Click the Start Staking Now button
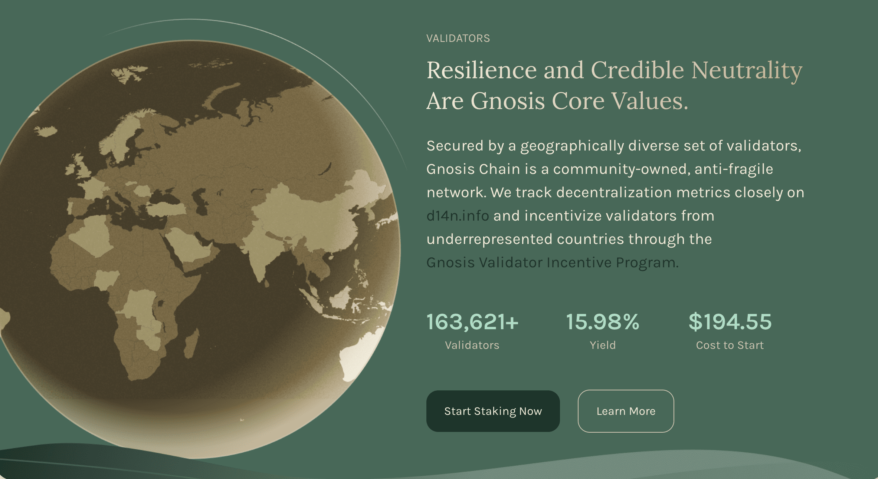pos(493,411)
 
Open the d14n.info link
pos(458,216)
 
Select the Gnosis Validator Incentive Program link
pos(552,262)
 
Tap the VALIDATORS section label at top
pos(458,38)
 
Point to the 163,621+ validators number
pos(472,321)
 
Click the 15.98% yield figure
pos(603,321)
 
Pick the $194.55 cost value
pos(730,321)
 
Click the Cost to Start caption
pos(730,345)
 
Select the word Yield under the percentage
pos(603,345)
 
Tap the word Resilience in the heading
pos(482,70)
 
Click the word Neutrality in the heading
pos(747,71)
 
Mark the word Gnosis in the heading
pos(508,101)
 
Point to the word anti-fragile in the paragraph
pos(734,169)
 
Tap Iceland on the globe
pos(45,131)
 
